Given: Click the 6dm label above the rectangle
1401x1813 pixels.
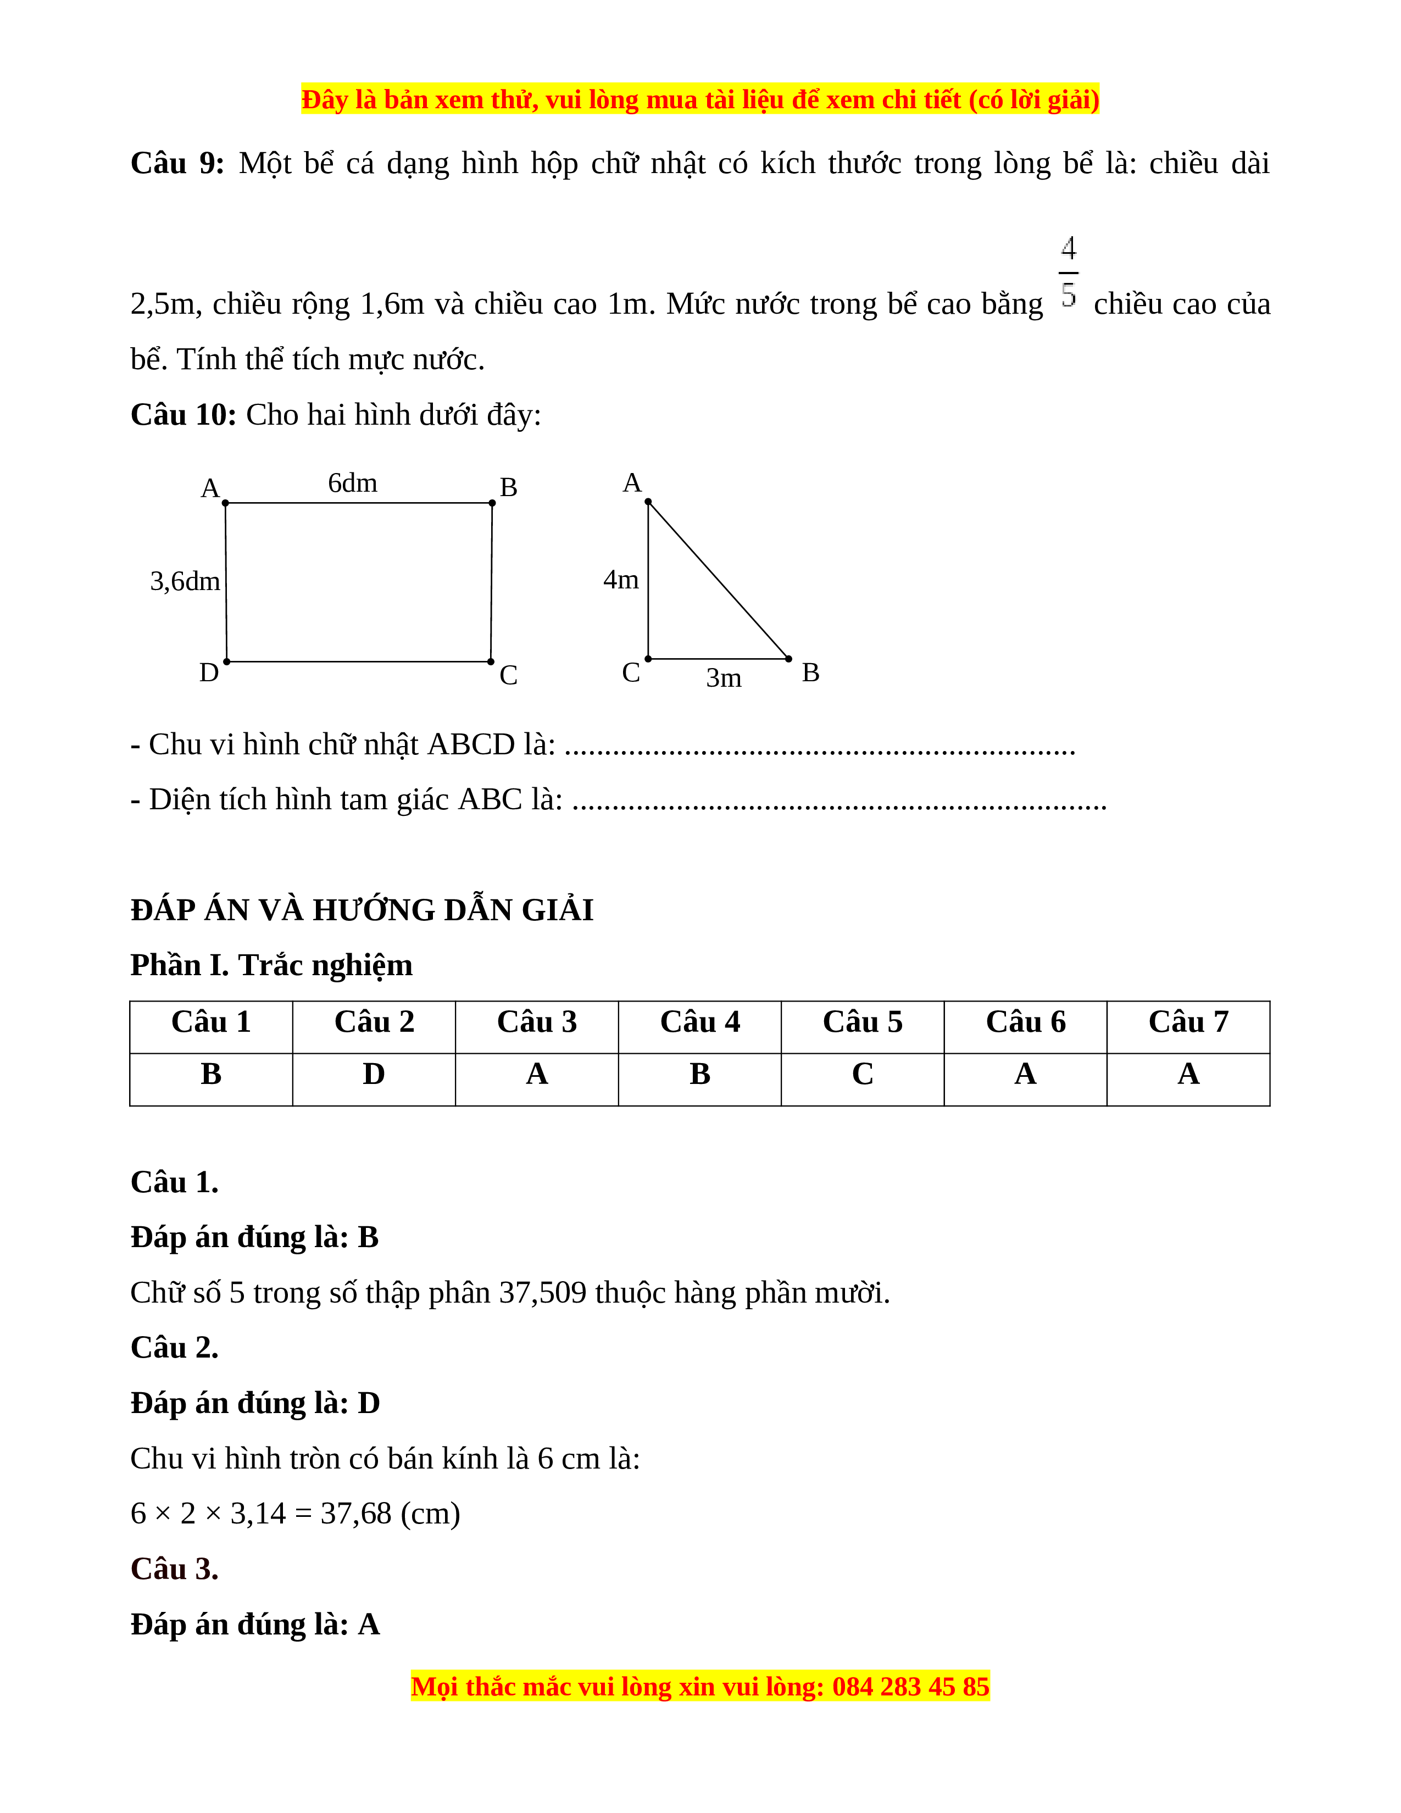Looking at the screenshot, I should [x=352, y=483].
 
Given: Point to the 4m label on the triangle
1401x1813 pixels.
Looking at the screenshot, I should [x=621, y=580].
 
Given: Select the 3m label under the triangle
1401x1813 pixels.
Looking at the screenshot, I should [x=724, y=678].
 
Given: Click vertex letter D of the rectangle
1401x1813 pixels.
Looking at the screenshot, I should [x=208, y=672].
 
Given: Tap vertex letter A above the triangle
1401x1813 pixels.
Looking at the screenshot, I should [x=632, y=482].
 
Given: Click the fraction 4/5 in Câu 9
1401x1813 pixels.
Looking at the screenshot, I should [x=1068, y=271].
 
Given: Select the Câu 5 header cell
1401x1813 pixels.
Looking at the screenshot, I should [x=863, y=1022].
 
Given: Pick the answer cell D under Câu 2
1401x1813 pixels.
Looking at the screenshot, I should [x=374, y=1074].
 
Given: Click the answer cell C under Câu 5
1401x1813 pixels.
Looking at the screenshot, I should [x=863, y=1074].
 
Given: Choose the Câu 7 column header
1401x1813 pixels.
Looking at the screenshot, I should [x=1188, y=1022].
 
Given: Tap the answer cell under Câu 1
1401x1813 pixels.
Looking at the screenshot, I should [x=211, y=1074].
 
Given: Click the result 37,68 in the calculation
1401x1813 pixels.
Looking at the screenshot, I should [x=355, y=1514].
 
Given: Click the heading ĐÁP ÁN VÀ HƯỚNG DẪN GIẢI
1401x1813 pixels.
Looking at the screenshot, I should [x=362, y=910].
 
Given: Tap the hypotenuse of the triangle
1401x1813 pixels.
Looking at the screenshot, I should [x=719, y=580].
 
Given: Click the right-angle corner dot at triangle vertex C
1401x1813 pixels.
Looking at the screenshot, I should [x=648, y=659].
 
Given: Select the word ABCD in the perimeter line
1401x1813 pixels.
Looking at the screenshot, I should [x=471, y=744].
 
